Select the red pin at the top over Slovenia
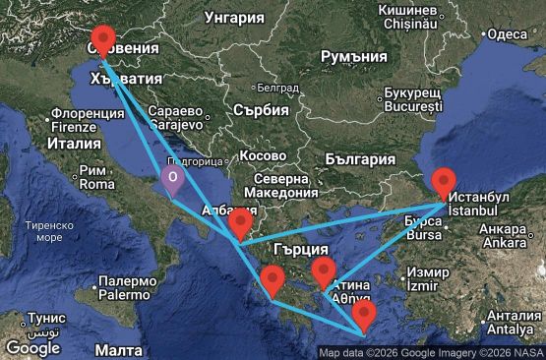point(102,41)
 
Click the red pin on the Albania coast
point(239,225)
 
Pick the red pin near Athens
point(324,271)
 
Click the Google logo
point(31,347)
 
